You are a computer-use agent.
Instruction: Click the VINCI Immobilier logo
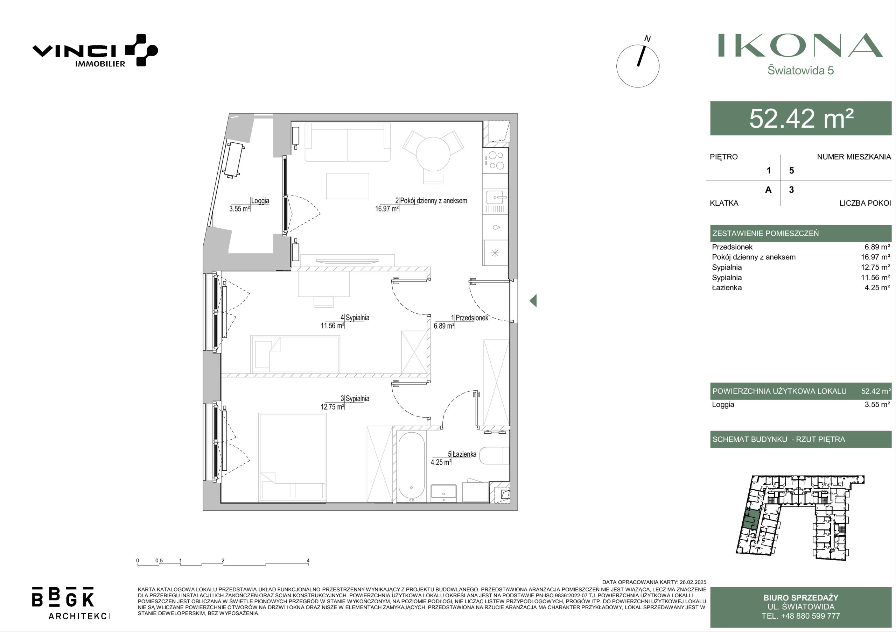click(x=95, y=51)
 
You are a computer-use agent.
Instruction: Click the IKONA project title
click(x=800, y=45)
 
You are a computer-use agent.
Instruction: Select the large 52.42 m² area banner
click(x=801, y=118)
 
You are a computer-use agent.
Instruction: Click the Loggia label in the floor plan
click(x=260, y=200)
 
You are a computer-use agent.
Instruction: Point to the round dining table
click(x=433, y=154)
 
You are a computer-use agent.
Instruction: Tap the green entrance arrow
click(x=533, y=300)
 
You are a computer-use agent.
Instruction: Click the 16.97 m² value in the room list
click(x=875, y=257)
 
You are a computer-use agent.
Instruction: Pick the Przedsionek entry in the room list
click(x=732, y=247)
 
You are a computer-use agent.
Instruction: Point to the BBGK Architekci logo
click(x=71, y=603)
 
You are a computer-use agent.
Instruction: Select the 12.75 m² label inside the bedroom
click(x=332, y=406)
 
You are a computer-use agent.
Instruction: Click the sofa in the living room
click(x=347, y=142)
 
